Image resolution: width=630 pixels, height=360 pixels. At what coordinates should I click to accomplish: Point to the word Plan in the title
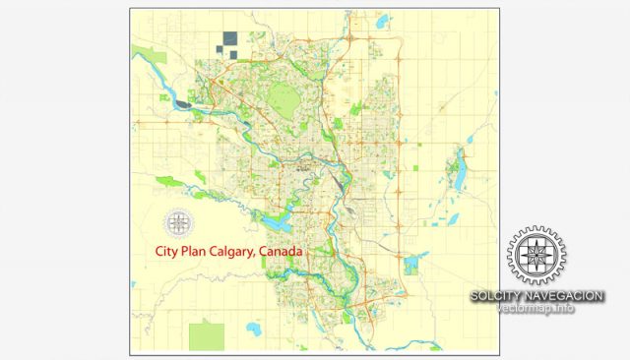(x=196, y=252)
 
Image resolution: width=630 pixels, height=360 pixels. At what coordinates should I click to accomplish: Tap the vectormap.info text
(x=537, y=309)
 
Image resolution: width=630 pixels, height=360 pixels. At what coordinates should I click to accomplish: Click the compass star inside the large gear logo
(x=536, y=255)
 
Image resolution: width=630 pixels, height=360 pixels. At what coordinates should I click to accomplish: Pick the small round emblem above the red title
(x=179, y=224)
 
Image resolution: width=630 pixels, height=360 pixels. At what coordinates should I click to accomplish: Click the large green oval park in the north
(x=286, y=96)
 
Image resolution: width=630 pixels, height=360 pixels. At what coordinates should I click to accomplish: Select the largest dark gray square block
(x=230, y=39)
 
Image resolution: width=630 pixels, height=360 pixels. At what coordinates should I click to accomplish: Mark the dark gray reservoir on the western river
(x=184, y=100)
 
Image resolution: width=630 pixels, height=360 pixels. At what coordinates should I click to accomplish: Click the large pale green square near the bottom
(x=206, y=335)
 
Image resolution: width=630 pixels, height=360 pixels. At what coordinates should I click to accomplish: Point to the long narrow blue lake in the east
(x=458, y=173)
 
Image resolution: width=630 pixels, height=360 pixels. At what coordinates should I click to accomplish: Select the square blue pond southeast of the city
(x=409, y=265)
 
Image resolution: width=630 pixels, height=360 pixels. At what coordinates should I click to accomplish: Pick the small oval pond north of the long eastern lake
(x=458, y=150)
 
